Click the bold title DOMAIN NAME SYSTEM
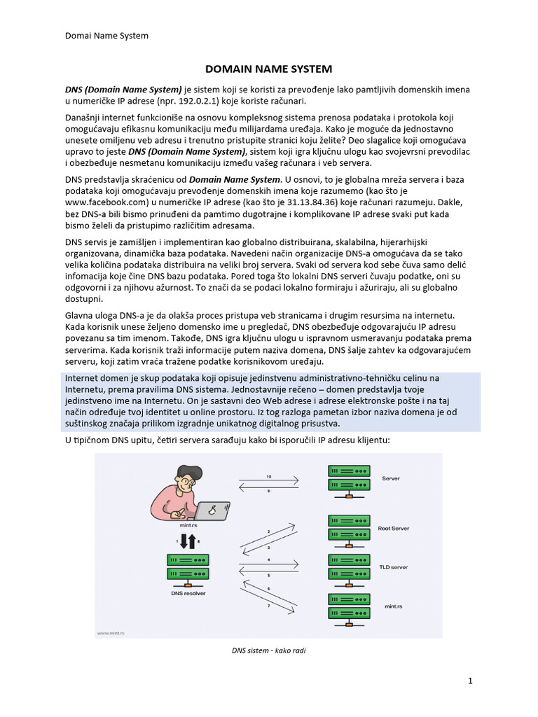pos(268,69)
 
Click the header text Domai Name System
pos(106,35)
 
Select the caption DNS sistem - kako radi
pos(268,650)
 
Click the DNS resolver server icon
pos(187,568)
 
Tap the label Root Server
pos(393,529)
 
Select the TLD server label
pos(393,567)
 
